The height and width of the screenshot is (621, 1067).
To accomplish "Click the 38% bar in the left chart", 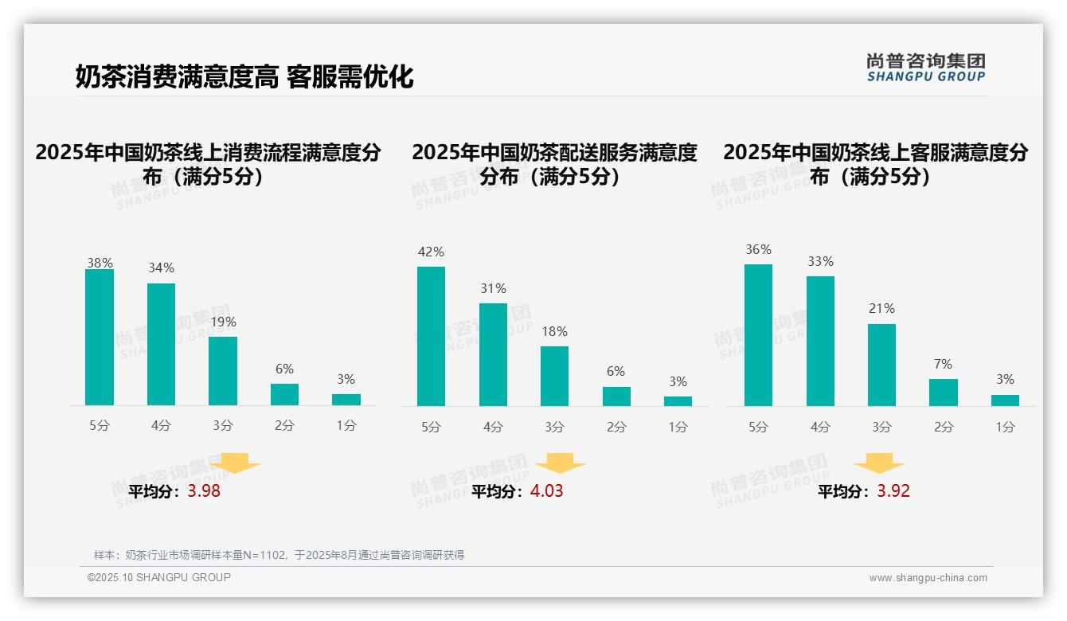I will pyautogui.click(x=100, y=338).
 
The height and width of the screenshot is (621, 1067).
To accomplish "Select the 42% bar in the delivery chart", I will pyautogui.click(x=431, y=336).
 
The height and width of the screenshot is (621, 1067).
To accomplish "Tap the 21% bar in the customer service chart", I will pyautogui.click(x=881, y=365).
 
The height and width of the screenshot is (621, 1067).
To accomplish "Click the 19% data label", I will pyautogui.click(x=223, y=322).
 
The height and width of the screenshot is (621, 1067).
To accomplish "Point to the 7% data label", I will pyautogui.click(x=943, y=365).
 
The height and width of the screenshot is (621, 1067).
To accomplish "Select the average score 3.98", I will pyautogui.click(x=204, y=491).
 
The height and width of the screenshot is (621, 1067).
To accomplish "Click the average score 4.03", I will pyautogui.click(x=546, y=491).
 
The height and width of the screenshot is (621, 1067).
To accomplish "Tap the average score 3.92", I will pyautogui.click(x=893, y=491).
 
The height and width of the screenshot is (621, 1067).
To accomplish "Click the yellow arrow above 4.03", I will pyautogui.click(x=560, y=463).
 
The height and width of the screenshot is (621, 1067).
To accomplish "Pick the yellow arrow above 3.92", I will pyautogui.click(x=879, y=463).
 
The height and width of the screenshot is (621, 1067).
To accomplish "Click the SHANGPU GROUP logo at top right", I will pyautogui.click(x=925, y=68).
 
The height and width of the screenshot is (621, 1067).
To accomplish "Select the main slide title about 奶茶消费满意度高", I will pyautogui.click(x=244, y=77).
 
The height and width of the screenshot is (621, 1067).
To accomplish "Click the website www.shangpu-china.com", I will pyautogui.click(x=928, y=578).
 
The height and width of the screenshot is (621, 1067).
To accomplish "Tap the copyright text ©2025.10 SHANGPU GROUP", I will pyautogui.click(x=159, y=577).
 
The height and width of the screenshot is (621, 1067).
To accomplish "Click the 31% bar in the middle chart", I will pyautogui.click(x=493, y=354).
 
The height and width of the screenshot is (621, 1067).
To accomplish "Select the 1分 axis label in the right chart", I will pyautogui.click(x=1005, y=427).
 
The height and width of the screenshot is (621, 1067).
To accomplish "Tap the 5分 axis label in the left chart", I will pyautogui.click(x=100, y=426).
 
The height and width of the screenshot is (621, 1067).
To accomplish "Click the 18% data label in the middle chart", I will pyautogui.click(x=554, y=332).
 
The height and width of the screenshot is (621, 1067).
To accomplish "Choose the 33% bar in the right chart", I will pyautogui.click(x=820, y=341).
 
